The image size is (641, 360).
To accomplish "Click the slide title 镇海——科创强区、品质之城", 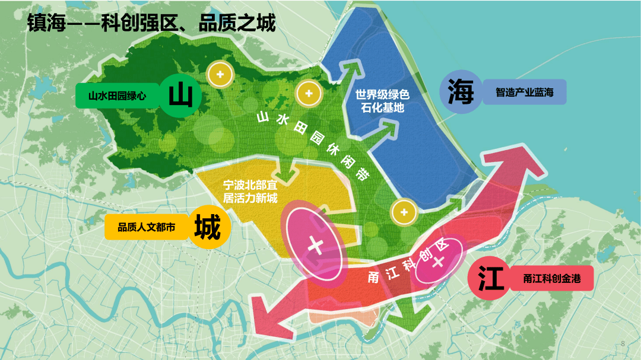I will tap(151, 24).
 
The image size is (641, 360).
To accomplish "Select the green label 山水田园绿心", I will tap(117, 95).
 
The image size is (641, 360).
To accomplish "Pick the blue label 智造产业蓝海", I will tap(524, 93).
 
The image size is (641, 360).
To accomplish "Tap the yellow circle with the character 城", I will tap(207, 227).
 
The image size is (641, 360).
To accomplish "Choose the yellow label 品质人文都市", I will tap(146, 227).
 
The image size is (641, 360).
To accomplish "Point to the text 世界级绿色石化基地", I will tap(383, 101).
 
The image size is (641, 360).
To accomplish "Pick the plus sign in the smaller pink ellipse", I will tap(437, 262).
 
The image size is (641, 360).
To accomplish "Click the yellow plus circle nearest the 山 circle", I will tap(220, 75).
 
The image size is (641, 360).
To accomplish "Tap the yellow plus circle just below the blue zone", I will tap(404, 212).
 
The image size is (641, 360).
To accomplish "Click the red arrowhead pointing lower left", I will tap(270, 315).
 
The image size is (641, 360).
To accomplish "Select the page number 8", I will tap(623, 343).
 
